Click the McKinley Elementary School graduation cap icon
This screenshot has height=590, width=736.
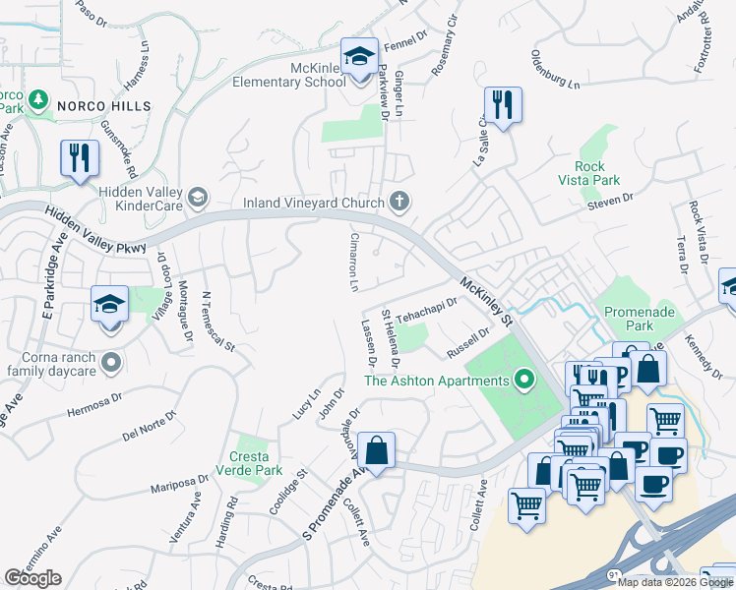tap(359, 53)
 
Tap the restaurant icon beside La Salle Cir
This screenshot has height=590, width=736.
tap(503, 103)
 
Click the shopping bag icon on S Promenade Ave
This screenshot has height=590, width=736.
tap(376, 449)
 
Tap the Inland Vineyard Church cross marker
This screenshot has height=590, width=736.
tap(399, 201)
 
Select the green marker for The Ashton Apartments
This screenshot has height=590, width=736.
tap(524, 380)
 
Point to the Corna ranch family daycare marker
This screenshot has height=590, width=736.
tap(111, 364)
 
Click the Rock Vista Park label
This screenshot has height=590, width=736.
tap(597, 173)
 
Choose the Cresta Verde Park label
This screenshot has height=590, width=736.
tap(249, 464)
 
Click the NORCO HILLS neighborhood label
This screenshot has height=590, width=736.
tap(103, 105)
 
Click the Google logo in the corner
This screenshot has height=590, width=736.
tap(32, 578)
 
